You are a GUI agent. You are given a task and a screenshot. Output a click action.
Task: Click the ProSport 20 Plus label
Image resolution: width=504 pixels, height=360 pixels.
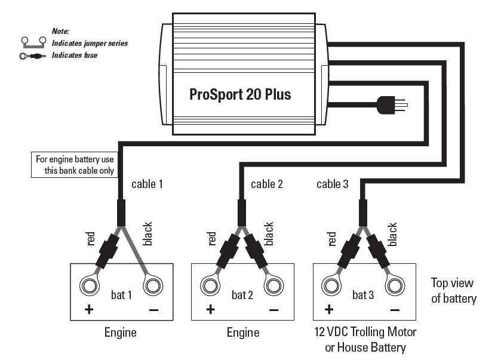click(240, 94)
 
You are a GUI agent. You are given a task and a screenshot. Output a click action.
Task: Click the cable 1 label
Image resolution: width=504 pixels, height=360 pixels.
click(147, 184)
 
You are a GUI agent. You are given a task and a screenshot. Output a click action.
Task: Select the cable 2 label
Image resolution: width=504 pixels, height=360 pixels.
click(267, 184)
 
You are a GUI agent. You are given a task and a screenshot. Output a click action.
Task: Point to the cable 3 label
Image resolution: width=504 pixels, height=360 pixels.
click(333, 184)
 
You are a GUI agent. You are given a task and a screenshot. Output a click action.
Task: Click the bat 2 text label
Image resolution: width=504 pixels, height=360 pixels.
click(242, 295)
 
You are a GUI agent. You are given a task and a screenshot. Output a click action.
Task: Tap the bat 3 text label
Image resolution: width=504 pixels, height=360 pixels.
click(363, 295)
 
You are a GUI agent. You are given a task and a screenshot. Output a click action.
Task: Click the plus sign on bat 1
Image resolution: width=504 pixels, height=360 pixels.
click(89, 309)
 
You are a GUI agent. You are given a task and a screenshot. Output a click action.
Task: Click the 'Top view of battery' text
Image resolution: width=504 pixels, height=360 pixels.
click(454, 290)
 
